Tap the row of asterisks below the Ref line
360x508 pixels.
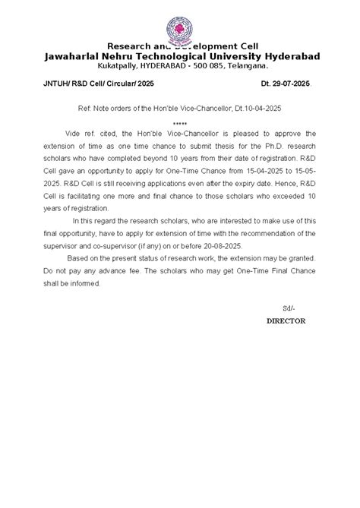coord(180,122)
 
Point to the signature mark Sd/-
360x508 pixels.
coord(288,308)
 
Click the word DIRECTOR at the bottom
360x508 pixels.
coord(286,321)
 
